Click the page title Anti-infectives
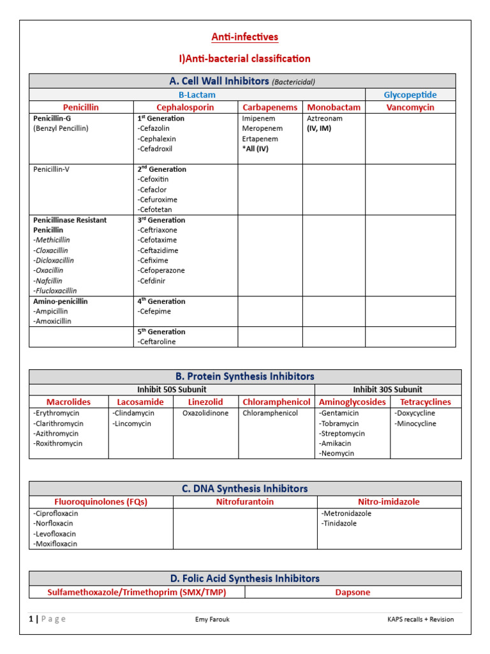click(245, 37)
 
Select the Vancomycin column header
click(410, 107)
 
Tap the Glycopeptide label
click(410, 95)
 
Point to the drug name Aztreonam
click(325, 119)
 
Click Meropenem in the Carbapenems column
click(260, 128)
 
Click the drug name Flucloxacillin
click(56, 291)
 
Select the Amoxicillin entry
click(53, 321)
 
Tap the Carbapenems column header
click(270, 107)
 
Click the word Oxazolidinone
click(205, 413)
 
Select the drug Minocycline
click(416, 423)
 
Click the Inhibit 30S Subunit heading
click(387, 390)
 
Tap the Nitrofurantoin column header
click(245, 502)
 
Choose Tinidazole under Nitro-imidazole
click(340, 524)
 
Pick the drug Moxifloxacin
click(56, 544)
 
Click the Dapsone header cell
click(353, 592)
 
